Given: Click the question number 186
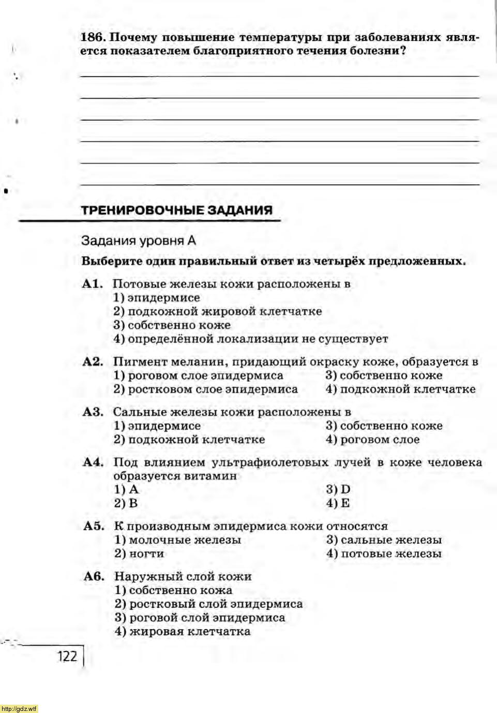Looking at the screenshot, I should click(93, 37).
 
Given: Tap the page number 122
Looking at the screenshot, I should click(67, 656).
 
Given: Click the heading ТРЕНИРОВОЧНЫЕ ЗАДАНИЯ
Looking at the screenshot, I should click(177, 210).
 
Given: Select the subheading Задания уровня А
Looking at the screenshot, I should click(139, 241).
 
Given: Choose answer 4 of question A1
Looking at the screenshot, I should click(250, 339).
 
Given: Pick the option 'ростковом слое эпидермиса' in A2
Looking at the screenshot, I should click(205, 389).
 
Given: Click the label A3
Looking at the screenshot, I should click(93, 412).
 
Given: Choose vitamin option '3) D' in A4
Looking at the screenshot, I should click(338, 489).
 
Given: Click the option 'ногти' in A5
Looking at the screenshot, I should click(139, 554).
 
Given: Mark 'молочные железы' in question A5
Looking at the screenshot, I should click(177, 540).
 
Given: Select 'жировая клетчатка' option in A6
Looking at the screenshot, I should click(183, 631).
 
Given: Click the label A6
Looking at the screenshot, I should click(94, 576).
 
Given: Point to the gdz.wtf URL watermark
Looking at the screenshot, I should click(19, 708).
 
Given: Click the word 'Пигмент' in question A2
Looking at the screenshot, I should click(136, 362).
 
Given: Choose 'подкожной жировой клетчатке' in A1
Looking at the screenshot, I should click(217, 311).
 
